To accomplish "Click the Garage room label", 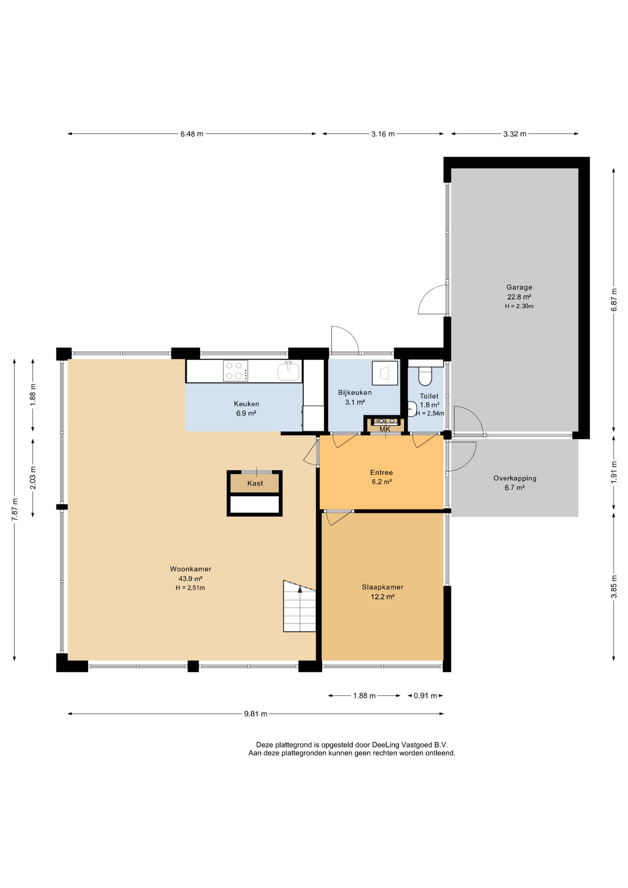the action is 519,287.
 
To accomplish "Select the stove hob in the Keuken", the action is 235,371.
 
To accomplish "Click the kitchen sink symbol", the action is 289,371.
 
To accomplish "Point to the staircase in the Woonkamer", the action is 300,606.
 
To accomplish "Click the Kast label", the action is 255,483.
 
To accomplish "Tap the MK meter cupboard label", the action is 385,429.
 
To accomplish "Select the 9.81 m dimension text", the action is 256,714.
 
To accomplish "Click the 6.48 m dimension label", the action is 192,134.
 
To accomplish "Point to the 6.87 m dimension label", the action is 614,300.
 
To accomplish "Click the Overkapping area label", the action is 515,478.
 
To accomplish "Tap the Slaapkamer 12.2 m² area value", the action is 382,597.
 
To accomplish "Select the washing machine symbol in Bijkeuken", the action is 385,373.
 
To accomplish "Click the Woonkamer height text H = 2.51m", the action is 190,588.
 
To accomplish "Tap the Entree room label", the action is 382,473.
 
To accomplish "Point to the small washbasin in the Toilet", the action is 412,409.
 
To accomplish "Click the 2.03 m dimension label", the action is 33,478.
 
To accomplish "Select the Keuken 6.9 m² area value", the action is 246,413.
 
